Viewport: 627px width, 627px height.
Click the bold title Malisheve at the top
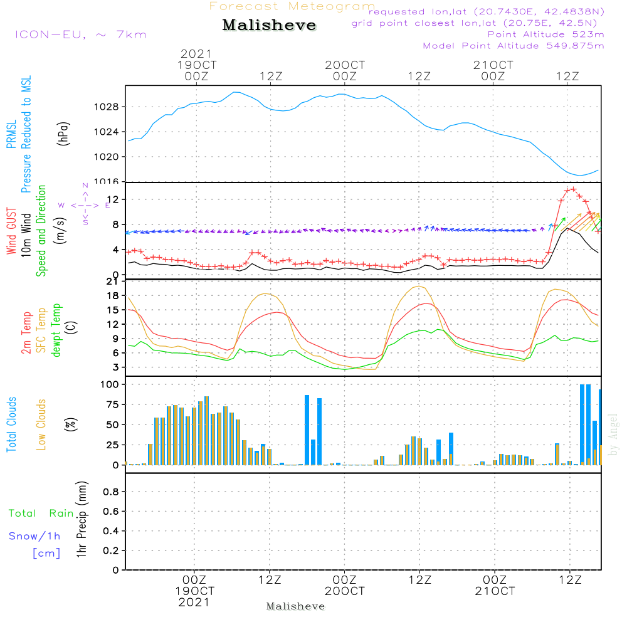269,26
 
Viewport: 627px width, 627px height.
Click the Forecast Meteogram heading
292,7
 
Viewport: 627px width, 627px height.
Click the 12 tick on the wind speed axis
113,199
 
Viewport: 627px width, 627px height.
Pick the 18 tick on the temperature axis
113,296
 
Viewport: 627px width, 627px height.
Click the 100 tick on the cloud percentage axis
110,384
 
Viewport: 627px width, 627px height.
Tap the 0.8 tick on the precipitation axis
110,492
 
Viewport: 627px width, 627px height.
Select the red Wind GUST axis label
11,232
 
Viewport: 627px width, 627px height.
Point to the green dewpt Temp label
56,331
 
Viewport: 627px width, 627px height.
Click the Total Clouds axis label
11,424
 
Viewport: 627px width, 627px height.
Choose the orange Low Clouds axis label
41,424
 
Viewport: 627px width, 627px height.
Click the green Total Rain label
41,514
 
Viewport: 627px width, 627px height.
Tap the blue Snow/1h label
35,536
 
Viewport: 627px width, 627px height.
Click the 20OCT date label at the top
344,65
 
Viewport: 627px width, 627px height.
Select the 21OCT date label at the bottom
495,592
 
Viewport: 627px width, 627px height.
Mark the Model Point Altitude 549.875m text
514,46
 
